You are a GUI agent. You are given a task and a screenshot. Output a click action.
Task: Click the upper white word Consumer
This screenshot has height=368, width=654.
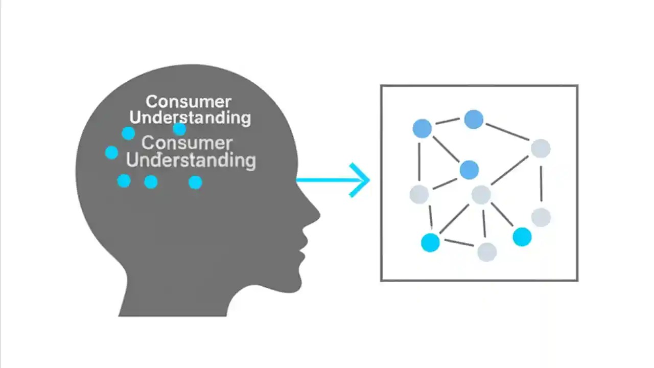click(x=188, y=102)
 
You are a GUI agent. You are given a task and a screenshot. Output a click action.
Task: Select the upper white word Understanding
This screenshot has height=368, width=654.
click(x=190, y=118)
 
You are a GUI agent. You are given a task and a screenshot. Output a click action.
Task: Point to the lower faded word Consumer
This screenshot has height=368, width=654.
click(x=187, y=143)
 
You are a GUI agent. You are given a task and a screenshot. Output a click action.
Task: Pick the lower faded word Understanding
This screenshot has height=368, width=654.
click(x=191, y=160)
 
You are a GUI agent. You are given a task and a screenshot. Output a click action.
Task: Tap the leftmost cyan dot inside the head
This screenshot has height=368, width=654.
click(x=111, y=152)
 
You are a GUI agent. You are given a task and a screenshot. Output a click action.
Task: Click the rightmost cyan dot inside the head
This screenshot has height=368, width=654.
click(x=195, y=182)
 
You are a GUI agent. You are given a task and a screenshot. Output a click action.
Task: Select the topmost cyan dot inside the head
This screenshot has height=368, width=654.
click(x=179, y=129)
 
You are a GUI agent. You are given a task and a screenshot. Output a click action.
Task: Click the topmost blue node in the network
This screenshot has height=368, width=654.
click(x=474, y=120)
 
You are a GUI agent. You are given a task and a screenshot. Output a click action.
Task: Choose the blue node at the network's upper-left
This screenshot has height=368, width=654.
click(x=422, y=128)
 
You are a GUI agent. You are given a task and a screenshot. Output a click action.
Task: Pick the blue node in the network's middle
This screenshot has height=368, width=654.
click(x=469, y=170)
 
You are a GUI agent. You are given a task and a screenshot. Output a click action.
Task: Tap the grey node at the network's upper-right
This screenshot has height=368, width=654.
click(x=540, y=149)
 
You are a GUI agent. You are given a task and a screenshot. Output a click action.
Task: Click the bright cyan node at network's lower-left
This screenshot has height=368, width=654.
click(x=430, y=242)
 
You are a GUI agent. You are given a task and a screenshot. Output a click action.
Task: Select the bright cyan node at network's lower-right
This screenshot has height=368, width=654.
click(x=522, y=237)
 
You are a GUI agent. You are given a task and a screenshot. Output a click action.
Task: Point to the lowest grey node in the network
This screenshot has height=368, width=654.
click(x=487, y=251)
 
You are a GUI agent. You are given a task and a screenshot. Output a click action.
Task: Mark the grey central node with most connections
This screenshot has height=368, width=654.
click(x=481, y=195)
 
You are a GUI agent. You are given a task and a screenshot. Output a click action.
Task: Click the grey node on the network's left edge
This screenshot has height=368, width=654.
click(x=419, y=194)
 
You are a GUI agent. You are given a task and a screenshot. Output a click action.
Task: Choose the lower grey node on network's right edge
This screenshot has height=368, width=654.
click(x=541, y=218)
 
